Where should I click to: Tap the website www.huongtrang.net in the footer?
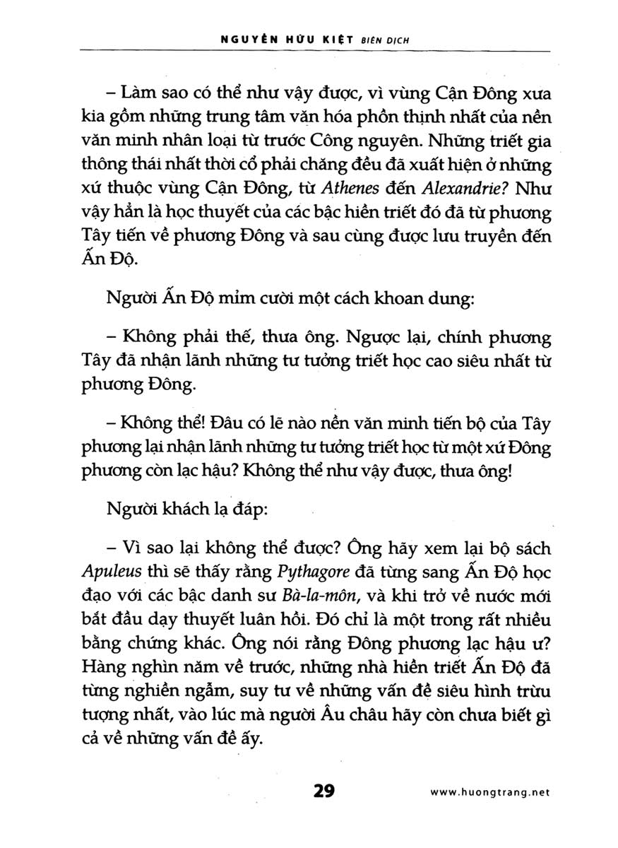pyautogui.click(x=489, y=793)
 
